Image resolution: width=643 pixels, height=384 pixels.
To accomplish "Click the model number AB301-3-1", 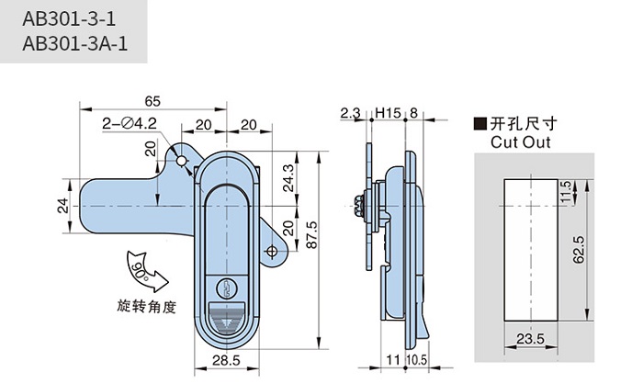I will click(x=65, y=19).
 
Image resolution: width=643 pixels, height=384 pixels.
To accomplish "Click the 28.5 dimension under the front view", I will click(x=226, y=360).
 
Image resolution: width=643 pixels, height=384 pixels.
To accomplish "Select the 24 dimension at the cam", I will click(x=63, y=204).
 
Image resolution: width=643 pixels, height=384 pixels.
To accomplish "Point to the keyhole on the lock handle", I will click(x=228, y=286).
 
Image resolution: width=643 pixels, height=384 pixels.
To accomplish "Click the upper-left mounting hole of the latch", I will click(x=183, y=162).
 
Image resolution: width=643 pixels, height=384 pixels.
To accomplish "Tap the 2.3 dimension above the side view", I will click(x=350, y=113).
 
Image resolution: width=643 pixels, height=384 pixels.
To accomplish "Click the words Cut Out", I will click(x=519, y=142).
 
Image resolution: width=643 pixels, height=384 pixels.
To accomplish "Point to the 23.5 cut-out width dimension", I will click(x=531, y=340).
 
